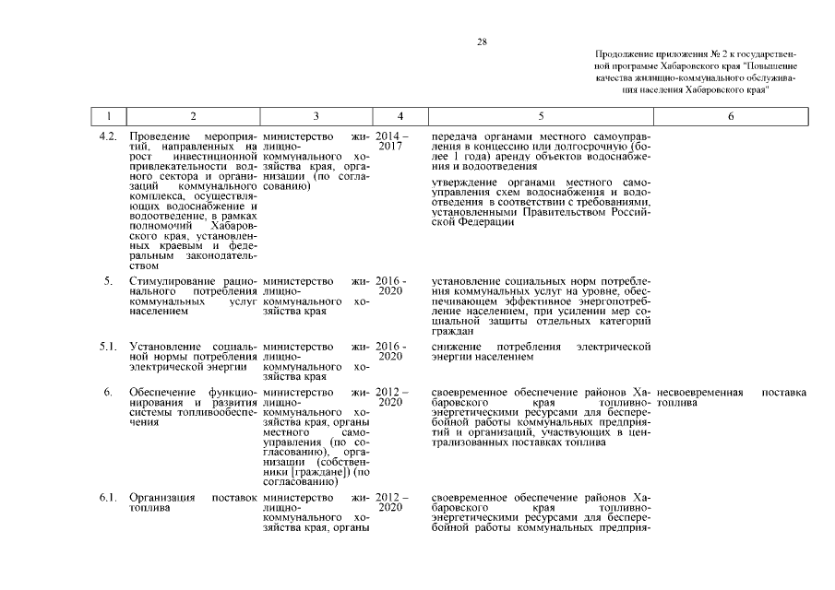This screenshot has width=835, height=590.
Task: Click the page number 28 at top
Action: pyautogui.click(x=482, y=42)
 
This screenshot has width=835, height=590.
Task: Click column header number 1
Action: pyautogui.click(x=111, y=117)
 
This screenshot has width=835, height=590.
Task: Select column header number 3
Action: pyautogui.click(x=316, y=117)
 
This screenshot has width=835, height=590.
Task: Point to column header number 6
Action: pyautogui.click(x=731, y=117)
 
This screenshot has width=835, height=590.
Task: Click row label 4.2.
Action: pyautogui.click(x=107, y=137)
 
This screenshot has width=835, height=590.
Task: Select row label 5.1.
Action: pyautogui.click(x=107, y=347)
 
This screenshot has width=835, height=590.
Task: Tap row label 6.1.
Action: pyautogui.click(x=107, y=499)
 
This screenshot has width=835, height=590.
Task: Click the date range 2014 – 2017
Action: pyautogui.click(x=391, y=142)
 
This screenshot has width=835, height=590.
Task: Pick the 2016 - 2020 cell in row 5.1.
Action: pyautogui.click(x=391, y=351)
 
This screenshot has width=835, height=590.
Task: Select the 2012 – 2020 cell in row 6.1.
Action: pyautogui.click(x=391, y=503)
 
